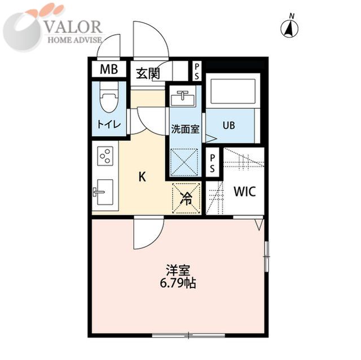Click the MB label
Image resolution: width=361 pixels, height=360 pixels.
pos(109,69)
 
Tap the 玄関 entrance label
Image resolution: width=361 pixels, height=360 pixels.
pos(148,74)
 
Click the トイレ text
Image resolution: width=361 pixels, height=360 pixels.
pos(109,125)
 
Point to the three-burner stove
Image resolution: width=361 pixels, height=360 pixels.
pos(105,156)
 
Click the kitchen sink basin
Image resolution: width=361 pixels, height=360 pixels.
pos(105,192)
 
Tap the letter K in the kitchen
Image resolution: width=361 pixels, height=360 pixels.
pos(142,177)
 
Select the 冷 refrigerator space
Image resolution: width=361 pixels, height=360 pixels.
pos(186,198)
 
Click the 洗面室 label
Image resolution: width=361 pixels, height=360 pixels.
pos(185,130)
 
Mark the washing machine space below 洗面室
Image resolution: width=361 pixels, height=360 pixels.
pos(184,162)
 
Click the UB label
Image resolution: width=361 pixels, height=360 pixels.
pos(229,125)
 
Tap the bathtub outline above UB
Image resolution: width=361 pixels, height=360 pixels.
pos(233,91)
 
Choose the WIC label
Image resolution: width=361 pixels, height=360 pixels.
pos(245,191)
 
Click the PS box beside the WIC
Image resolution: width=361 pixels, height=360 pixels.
pos(212,163)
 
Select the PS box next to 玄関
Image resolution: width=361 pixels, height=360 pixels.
pos(197,71)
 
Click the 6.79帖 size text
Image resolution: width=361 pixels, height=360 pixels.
pos(178,283)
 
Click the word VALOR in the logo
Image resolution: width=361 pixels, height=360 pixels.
pos(73,27)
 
